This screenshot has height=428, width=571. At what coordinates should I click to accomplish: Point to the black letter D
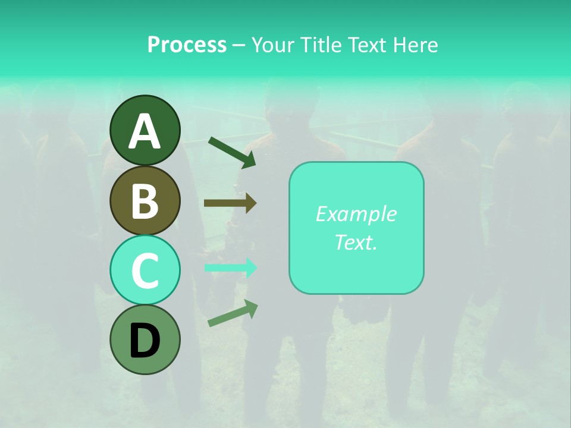click(x=145, y=341)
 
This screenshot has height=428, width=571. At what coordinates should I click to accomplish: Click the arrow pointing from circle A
click(x=231, y=151)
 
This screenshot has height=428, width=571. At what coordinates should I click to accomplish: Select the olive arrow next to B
click(x=230, y=203)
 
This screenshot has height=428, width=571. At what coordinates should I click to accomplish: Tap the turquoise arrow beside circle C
click(x=230, y=267)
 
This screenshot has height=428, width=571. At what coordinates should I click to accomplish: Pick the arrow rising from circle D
click(x=233, y=313)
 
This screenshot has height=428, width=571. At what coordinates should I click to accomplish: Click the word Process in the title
click(x=187, y=45)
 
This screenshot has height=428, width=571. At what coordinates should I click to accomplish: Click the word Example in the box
click(x=356, y=214)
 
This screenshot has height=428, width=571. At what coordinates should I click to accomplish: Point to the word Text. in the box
click(x=356, y=242)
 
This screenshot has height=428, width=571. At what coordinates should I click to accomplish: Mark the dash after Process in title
click(x=239, y=46)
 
